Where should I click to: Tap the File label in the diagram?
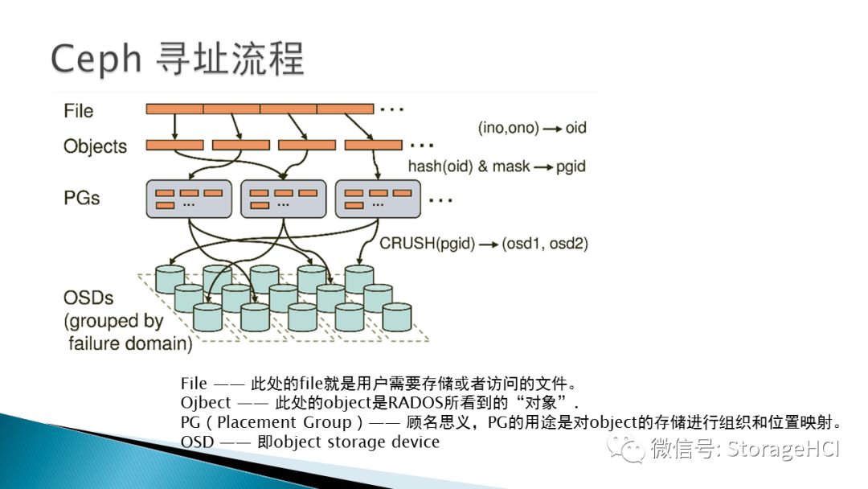pos(79,110)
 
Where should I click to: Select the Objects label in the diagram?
pos(95,146)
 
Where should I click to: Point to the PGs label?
pos(82,197)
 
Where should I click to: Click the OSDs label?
pos(88,298)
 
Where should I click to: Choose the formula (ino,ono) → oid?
pos(532,127)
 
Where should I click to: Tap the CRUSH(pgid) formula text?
pos(427,243)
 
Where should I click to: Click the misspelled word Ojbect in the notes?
pos(206,402)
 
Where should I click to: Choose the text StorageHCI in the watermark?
pos(783,448)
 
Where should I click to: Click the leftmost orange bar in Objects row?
pos(174,145)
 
